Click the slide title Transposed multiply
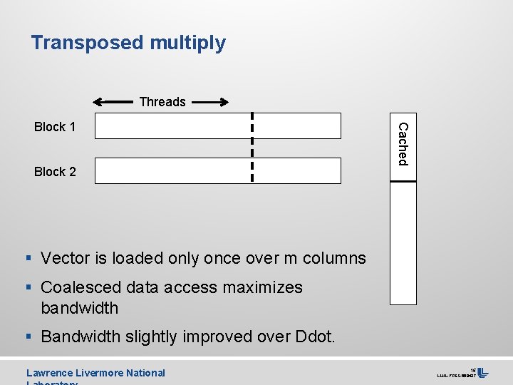pyautogui.click(x=128, y=43)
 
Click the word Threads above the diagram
pyautogui.click(x=162, y=102)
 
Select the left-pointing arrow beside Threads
pyautogui.click(x=113, y=102)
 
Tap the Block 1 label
pyautogui.click(x=55, y=127)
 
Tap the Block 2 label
pyautogui.click(x=55, y=172)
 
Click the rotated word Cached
pyautogui.click(x=403, y=144)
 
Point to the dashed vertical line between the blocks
pyautogui.click(x=252, y=148)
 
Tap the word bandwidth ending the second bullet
pyautogui.click(x=79, y=309)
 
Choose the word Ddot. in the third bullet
pyautogui.click(x=314, y=337)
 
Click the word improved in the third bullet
pyautogui.click(x=219, y=337)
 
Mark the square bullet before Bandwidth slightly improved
pyautogui.click(x=30, y=337)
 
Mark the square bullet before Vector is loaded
pyautogui.click(x=30, y=258)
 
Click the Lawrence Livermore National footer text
pyautogui.click(x=95, y=373)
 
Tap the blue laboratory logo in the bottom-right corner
pyautogui.click(x=482, y=373)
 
